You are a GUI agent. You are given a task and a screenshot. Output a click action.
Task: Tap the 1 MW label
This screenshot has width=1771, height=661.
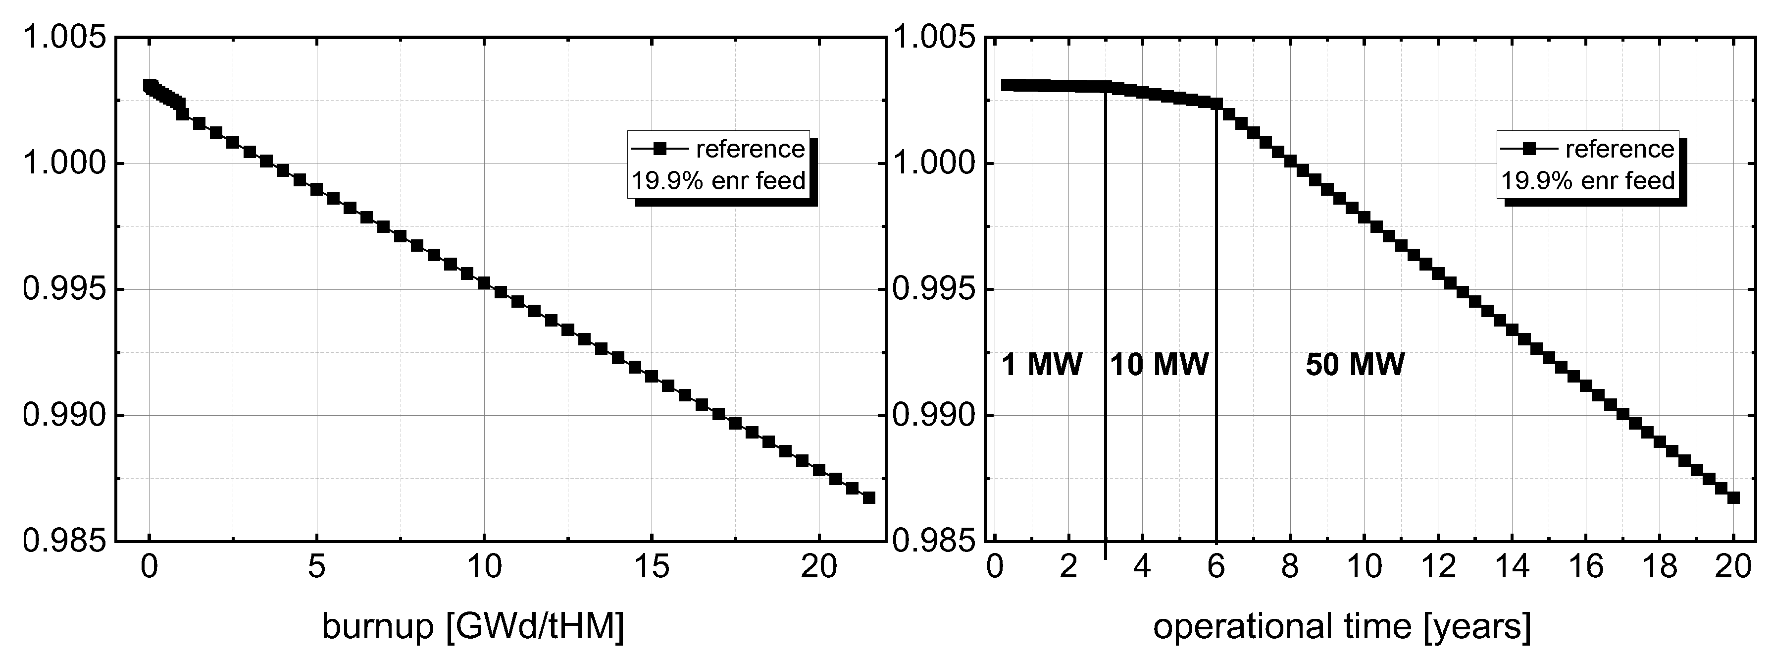1042,365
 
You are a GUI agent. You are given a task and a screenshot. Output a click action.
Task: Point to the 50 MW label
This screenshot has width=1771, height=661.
1355,365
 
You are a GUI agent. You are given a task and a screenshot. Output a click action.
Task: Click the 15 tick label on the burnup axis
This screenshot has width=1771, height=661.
652,567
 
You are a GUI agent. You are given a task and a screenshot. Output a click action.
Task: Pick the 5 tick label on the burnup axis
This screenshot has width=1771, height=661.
316,567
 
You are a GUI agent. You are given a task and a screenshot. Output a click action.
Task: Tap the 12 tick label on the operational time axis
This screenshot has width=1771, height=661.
1438,567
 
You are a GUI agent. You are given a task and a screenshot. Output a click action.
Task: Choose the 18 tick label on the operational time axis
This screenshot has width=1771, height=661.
1660,567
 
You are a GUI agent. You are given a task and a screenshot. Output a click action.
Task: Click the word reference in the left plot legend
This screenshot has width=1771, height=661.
750,149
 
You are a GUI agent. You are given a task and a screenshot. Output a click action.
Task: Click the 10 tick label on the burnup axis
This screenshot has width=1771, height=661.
484,567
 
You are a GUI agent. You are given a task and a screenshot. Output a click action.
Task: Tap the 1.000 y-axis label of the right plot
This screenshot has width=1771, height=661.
934,164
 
